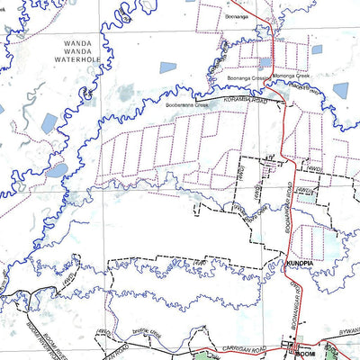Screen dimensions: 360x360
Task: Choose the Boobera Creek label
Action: click(185, 104)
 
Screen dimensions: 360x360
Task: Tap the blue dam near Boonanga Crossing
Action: click(263, 64)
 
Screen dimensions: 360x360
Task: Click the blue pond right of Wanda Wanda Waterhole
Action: click(168, 67)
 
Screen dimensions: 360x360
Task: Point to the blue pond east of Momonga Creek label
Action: click(341, 90)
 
